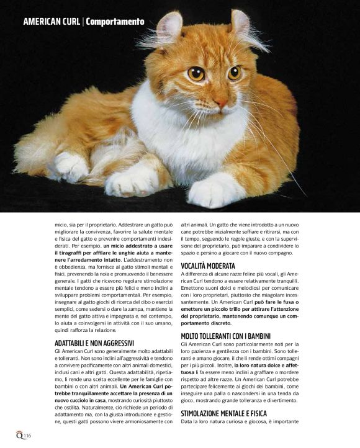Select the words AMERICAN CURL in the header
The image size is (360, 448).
52,22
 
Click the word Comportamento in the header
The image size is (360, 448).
115,22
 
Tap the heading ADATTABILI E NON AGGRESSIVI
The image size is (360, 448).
94,343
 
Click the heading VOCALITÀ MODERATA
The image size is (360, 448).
208,265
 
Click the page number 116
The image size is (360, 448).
27,437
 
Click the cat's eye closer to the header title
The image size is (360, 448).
196,74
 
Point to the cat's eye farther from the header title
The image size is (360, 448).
234,73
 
